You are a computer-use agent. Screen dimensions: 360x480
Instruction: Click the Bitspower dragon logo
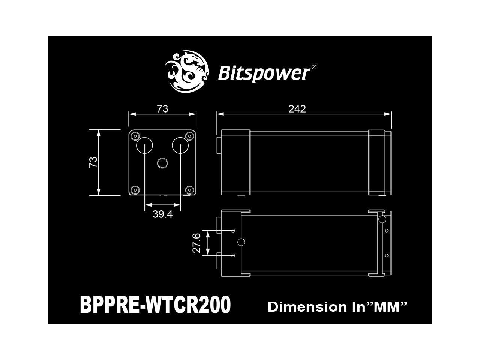(x=186, y=72)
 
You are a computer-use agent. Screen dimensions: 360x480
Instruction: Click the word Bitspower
(x=263, y=73)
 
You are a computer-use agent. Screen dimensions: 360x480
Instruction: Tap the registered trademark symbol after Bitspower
(x=313, y=67)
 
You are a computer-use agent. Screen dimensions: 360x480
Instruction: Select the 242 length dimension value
(x=297, y=109)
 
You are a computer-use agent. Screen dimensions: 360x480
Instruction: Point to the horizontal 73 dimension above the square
(x=162, y=109)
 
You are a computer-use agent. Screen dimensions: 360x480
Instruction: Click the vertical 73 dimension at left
(x=93, y=162)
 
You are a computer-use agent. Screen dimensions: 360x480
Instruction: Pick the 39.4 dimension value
(x=162, y=214)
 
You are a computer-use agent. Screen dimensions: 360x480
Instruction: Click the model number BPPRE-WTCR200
(x=155, y=305)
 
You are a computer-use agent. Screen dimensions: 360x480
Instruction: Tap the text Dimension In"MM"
(x=337, y=307)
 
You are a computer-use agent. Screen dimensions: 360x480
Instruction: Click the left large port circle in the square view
(x=144, y=145)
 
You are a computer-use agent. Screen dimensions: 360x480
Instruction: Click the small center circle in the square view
(x=162, y=163)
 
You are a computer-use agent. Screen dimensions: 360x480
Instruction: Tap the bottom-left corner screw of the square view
(x=135, y=189)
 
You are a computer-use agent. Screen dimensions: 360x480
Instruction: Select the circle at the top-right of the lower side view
(x=382, y=219)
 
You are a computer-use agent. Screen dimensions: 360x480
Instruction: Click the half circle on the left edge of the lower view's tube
(x=242, y=242)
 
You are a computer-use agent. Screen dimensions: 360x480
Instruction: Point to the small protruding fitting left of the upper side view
(x=219, y=145)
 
